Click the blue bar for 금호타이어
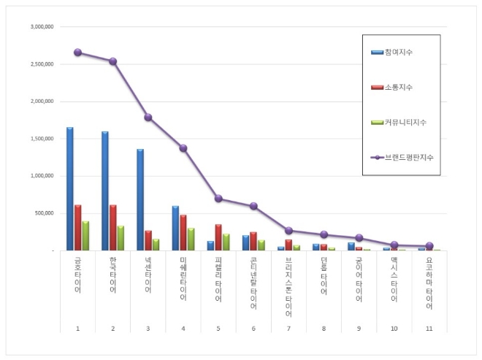(x=70, y=189)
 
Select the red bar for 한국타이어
(x=112, y=228)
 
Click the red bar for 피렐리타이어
(x=218, y=237)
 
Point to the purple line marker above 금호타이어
(x=77, y=53)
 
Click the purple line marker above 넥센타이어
(x=148, y=117)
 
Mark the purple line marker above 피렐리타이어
(x=218, y=199)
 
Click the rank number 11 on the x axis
(x=429, y=329)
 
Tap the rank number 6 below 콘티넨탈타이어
(x=253, y=329)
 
